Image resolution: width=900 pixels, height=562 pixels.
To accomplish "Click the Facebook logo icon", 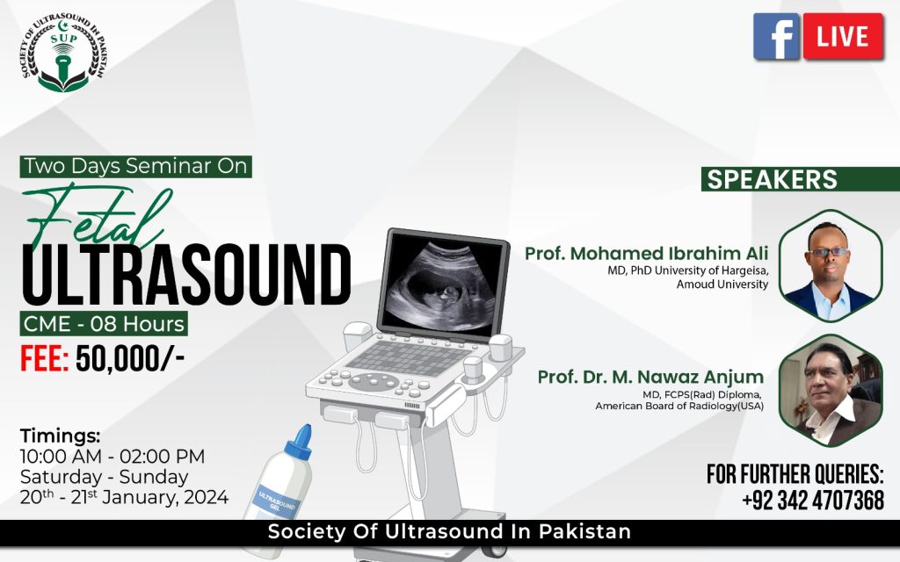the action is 776,36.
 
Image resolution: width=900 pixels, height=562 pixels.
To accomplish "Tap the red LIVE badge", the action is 843,36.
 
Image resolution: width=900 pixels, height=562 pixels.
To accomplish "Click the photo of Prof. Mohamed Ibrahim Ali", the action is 830,265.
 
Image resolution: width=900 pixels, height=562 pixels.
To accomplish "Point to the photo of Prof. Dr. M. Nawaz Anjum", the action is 830,391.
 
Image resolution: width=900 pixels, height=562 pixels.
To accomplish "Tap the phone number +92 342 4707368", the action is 813,500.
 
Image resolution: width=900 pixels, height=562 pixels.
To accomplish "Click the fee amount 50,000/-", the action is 130,359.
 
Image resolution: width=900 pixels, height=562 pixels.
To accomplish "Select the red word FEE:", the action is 44,359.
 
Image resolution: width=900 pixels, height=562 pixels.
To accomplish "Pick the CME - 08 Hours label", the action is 104,324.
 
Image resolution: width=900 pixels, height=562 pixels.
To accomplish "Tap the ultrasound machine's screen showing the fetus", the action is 443,284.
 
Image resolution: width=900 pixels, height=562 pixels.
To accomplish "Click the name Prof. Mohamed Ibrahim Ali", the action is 646,254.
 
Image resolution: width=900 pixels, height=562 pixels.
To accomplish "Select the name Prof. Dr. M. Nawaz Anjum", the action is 650,378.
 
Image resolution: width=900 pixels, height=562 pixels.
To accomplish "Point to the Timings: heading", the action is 61,436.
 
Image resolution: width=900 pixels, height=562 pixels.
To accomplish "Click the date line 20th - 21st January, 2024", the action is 124,497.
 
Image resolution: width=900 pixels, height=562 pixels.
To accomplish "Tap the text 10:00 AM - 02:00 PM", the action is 112,457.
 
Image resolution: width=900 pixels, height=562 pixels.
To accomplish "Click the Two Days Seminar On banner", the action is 136,166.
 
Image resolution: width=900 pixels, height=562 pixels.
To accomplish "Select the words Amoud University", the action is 722,285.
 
